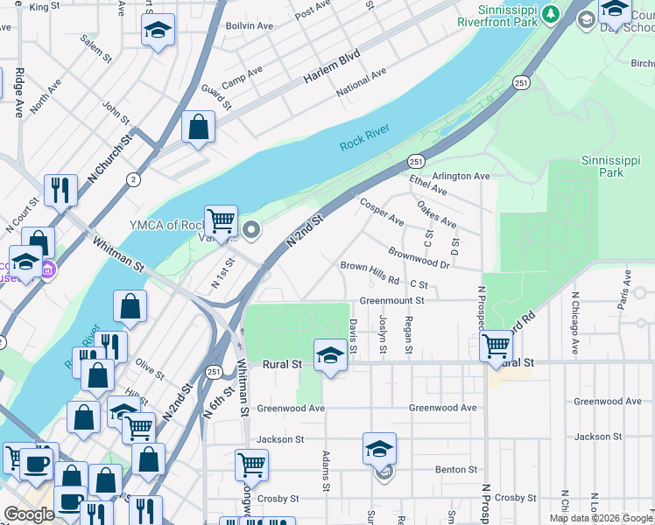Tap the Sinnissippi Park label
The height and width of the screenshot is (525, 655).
pyautogui.click(x=614, y=166)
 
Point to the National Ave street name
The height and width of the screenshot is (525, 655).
pyautogui.click(x=360, y=82)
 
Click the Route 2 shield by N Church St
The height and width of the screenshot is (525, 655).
pyautogui.click(x=133, y=178)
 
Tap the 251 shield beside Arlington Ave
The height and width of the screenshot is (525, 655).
pyautogui.click(x=416, y=162)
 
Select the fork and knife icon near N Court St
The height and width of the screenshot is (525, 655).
pyautogui.click(x=60, y=189)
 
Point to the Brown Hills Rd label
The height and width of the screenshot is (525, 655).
pyautogui.click(x=370, y=272)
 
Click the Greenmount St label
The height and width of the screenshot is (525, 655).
pyautogui.click(x=391, y=300)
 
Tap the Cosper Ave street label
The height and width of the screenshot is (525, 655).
pyautogui.click(x=382, y=211)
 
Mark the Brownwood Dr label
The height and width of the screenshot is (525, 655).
pyautogui.click(x=419, y=257)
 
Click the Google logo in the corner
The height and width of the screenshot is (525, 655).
pyautogui.click(x=30, y=514)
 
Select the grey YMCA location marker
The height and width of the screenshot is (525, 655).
pyautogui.click(x=252, y=231)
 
